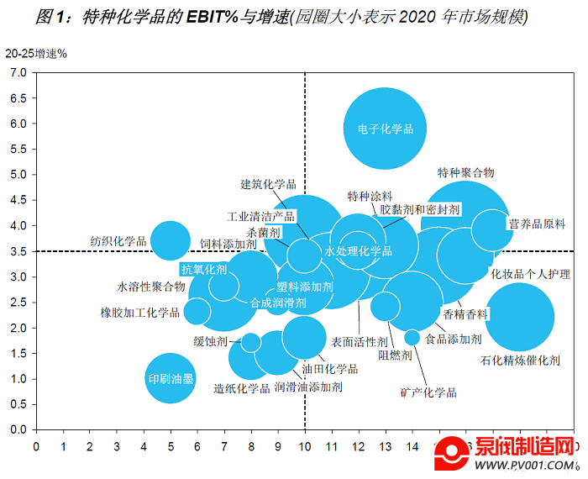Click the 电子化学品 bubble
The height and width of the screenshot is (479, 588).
click(386, 129)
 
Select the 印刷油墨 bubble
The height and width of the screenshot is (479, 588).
click(171, 378)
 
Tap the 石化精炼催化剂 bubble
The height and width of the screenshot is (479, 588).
click(520, 318)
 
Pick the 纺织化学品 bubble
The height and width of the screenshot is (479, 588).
click(171, 241)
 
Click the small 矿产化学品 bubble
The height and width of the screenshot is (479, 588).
click(412, 337)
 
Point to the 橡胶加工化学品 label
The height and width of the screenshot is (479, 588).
click(140, 313)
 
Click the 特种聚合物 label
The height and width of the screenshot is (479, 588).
click(465, 172)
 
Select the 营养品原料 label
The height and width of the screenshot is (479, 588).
click(537, 224)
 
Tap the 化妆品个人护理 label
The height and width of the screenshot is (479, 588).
click(530, 274)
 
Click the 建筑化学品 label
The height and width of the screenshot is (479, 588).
click(268, 184)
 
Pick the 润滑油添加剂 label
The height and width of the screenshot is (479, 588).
click(308, 387)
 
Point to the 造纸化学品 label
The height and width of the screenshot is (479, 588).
click(241, 388)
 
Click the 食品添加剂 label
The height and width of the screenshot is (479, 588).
click(453, 339)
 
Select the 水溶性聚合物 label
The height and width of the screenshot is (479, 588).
click(151, 287)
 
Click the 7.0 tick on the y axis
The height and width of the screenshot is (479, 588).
click(18, 73)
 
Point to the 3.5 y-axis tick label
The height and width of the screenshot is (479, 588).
click(18, 251)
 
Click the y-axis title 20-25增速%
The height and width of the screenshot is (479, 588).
click(35, 53)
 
